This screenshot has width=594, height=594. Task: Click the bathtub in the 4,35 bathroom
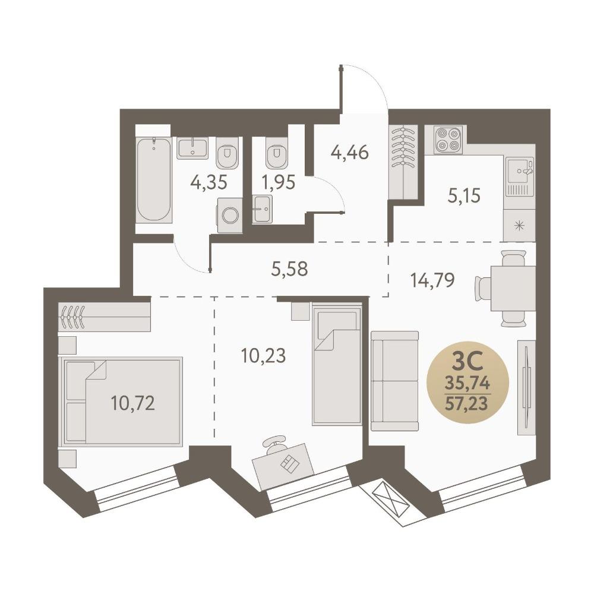(154, 179)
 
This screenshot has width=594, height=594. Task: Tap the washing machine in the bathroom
(229, 215)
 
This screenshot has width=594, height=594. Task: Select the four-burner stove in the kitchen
(449, 140)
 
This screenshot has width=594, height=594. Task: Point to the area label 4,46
(350, 153)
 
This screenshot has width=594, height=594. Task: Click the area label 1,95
(279, 182)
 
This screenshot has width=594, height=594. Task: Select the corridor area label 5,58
(290, 269)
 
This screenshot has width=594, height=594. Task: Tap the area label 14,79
(432, 281)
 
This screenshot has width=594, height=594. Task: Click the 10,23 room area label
(263, 356)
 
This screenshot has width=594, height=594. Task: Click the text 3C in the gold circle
(467, 362)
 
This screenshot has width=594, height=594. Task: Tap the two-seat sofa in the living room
(395, 381)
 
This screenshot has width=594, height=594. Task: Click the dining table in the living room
(513, 289)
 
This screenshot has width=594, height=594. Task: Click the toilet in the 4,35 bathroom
(228, 152)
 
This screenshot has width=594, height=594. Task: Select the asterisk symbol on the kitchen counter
(519, 227)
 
